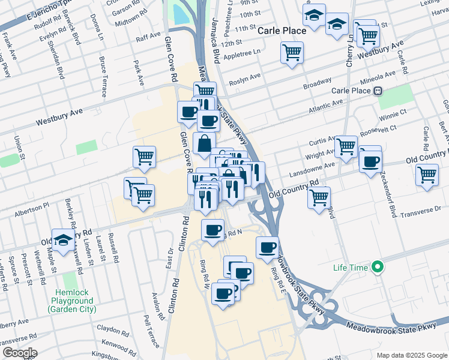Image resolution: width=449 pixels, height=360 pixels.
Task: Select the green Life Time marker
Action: pyautogui.click(x=377, y=266)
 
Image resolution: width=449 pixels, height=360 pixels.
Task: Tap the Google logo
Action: pyautogui.click(x=19, y=353)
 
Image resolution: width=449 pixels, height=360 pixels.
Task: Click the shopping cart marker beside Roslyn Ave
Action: pyautogui.click(x=292, y=53)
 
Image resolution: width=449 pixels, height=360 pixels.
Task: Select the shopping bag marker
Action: pyautogui.click(x=204, y=144)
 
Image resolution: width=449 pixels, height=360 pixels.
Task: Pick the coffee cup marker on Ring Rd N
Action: pyautogui.click(x=212, y=230)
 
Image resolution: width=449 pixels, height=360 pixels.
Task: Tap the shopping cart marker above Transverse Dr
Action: pyautogui.click(x=319, y=197)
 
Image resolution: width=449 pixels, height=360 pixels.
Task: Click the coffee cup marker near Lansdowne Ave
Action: pyautogui.click(x=371, y=161)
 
